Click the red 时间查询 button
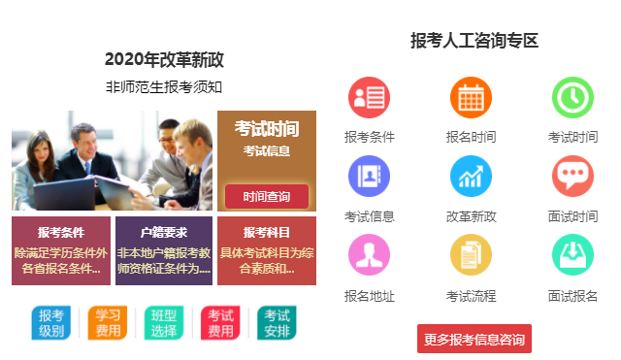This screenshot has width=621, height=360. [x=267, y=197]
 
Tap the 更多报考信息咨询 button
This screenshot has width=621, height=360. [x=474, y=339]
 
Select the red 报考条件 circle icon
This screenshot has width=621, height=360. [x=370, y=98]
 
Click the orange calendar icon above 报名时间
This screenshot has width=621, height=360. [x=472, y=98]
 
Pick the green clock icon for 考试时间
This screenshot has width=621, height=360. [x=572, y=98]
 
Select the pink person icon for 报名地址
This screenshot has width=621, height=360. [x=370, y=255]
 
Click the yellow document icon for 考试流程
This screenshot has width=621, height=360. [x=472, y=255]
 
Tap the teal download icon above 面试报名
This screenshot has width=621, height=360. [x=572, y=255]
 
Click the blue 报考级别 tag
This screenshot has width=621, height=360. [x=50, y=323]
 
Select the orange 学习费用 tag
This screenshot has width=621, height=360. [x=107, y=323]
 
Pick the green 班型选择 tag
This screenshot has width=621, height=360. [x=164, y=323]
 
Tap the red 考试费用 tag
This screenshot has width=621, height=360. [x=220, y=323]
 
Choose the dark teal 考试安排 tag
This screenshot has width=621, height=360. [x=277, y=323]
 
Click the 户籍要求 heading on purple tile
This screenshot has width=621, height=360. [x=164, y=233]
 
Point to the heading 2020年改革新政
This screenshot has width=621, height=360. [x=164, y=59]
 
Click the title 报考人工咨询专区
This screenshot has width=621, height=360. [x=474, y=41]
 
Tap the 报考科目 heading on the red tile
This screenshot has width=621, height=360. [x=267, y=233]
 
